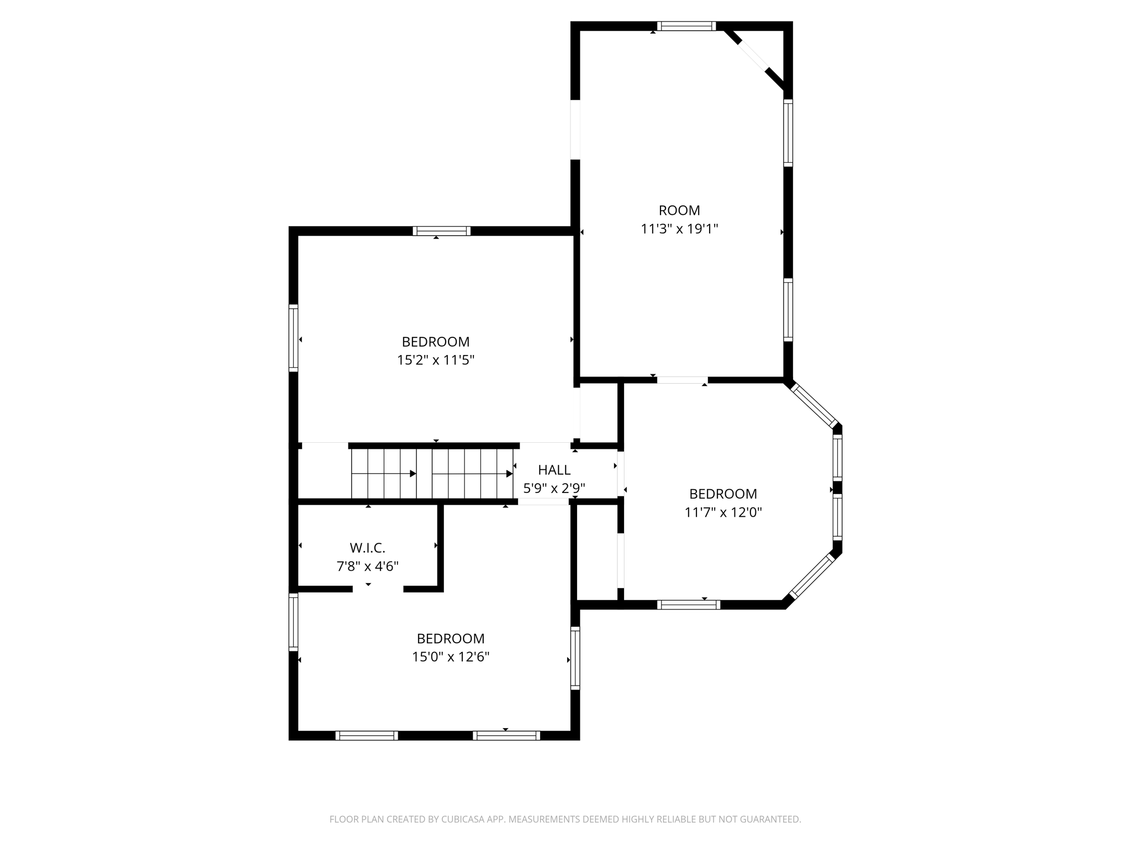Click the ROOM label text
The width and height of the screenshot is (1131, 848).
[679, 210]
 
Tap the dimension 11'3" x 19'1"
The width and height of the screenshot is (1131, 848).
[679, 229]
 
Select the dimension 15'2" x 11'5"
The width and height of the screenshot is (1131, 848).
[435, 360]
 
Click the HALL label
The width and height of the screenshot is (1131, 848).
[554, 470]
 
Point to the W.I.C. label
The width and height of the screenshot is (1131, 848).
[367, 548]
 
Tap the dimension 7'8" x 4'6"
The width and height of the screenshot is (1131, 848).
[367, 566]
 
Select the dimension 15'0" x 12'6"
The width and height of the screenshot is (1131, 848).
[451, 656]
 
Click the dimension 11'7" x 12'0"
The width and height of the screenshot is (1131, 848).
[723, 512]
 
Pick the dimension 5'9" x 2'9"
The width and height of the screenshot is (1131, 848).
[554, 488]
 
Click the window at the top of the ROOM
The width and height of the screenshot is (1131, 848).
[686, 26]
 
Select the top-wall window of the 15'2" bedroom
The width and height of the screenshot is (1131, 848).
[441, 231]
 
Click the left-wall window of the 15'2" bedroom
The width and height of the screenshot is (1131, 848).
[293, 338]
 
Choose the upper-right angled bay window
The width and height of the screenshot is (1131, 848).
[813, 405]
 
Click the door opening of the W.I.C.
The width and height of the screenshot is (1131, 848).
[378, 589]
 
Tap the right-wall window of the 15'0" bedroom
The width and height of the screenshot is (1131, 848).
[575, 658]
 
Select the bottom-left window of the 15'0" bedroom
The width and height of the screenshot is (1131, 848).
[366, 735]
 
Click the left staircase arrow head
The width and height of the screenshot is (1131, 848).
[413, 474]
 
